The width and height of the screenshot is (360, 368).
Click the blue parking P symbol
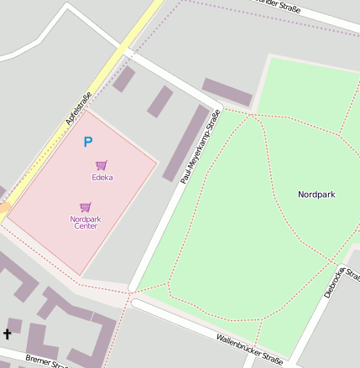tap(88, 143)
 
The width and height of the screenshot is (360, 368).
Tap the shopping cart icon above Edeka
tap(102, 165)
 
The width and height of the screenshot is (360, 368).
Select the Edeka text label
tap(102, 178)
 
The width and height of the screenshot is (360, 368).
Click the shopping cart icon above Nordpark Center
tap(85, 207)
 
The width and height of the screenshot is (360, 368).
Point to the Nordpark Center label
tap(86, 222)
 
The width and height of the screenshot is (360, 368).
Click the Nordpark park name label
tap(316, 194)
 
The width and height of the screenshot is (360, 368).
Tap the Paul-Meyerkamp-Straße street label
tap(201, 148)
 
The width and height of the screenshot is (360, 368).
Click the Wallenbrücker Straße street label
tap(249, 349)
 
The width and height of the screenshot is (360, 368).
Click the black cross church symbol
tap(8, 334)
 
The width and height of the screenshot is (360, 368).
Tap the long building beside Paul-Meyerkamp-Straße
tap(185, 143)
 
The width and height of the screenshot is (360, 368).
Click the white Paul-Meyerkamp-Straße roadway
tap(159, 218)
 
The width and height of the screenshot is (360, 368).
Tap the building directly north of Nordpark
tap(227, 91)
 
